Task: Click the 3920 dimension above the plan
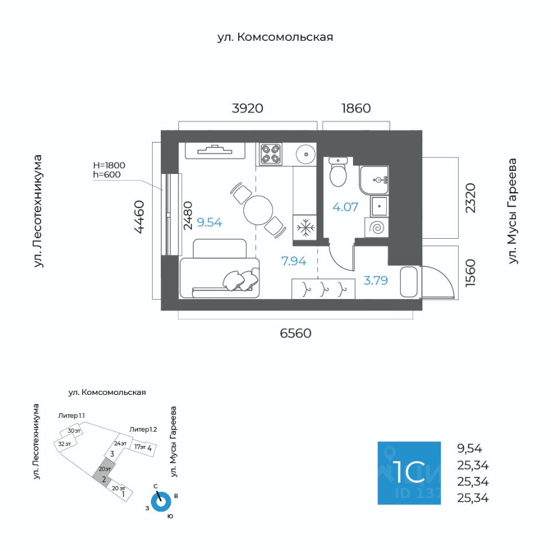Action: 247,108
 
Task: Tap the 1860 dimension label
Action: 356,108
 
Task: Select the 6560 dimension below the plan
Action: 296,333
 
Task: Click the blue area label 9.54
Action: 209,223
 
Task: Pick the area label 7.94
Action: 293,261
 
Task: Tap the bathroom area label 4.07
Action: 346,207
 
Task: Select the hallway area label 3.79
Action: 376,281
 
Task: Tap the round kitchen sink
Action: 305,153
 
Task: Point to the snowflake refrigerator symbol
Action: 305,227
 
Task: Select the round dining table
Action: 258,211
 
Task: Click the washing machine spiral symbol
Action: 378,228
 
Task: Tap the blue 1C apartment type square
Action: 409,473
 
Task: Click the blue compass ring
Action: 162,502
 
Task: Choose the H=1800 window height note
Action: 108,165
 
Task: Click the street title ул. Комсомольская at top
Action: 275,37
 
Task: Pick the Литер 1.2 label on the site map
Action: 143,429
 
